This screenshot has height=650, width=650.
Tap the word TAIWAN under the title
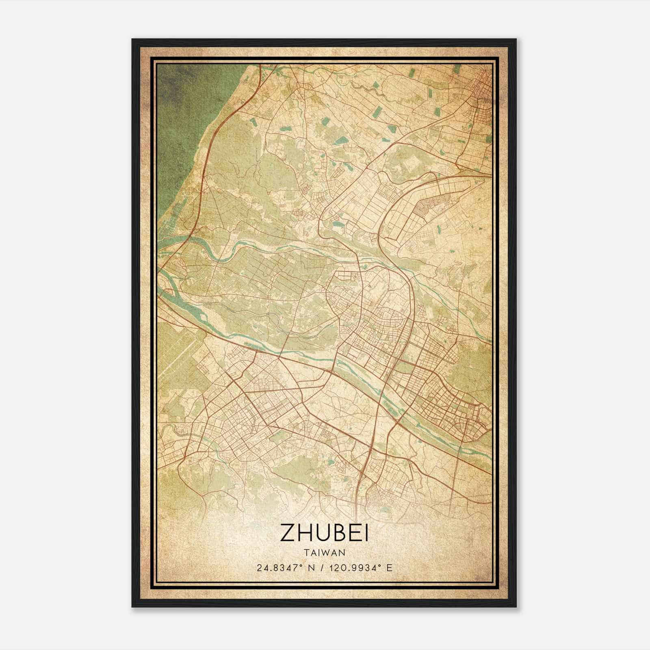[x=324, y=552]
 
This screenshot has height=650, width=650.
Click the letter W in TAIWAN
[x=329, y=552]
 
